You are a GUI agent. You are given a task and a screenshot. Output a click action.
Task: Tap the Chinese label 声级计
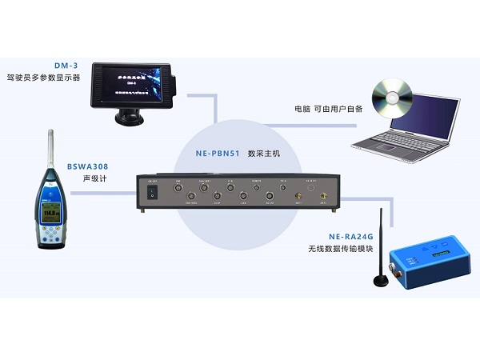(94, 179)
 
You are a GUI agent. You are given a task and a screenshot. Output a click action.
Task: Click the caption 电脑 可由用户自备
(327, 109)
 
